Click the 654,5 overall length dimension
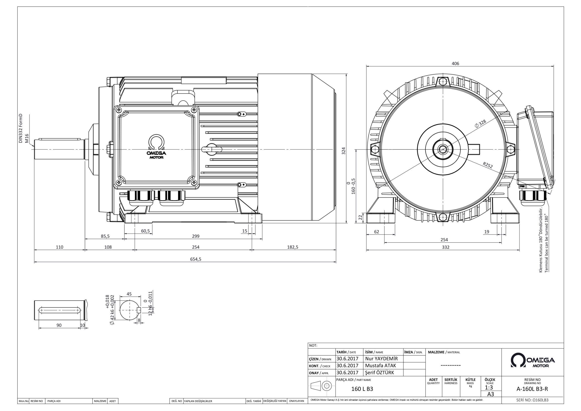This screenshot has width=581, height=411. tap(196, 259)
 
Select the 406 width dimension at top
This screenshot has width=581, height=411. tap(455, 64)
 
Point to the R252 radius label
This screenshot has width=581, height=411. tap(488, 165)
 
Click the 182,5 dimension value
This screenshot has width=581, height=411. tap(293, 247)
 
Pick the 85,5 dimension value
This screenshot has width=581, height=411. tap(105, 236)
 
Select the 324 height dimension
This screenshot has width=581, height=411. tap(343, 151)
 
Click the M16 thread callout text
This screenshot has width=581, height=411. tap(27, 138)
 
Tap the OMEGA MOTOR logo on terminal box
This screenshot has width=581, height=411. tap(156, 147)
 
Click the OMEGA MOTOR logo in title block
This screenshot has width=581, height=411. tap(533, 360)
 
